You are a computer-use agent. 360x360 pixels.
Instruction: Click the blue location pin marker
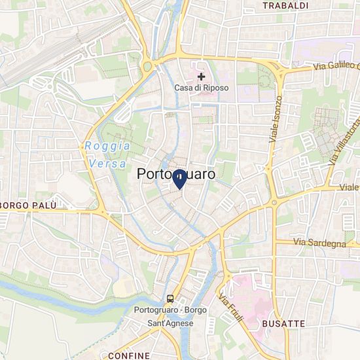[x=179, y=179]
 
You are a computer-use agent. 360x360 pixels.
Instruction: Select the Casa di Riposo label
[x=202, y=88]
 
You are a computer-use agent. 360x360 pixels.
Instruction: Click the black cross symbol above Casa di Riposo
[x=202, y=77]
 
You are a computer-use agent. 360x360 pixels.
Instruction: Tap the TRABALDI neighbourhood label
[x=285, y=5]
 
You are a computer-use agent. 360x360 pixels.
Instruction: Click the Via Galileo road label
[x=335, y=66]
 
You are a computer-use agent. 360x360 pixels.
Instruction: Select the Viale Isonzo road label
[x=276, y=119]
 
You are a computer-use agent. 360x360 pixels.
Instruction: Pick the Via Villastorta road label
[x=344, y=141]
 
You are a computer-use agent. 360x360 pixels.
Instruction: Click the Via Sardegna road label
[x=319, y=243]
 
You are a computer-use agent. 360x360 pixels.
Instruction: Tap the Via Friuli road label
[x=232, y=308]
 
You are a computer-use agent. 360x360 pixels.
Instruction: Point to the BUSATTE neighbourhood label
[x=283, y=323]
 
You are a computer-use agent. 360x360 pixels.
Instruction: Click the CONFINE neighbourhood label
[x=128, y=355]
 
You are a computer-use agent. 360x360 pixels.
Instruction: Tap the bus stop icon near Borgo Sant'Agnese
[x=170, y=298]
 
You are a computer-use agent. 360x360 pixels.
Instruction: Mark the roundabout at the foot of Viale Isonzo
[x=274, y=203]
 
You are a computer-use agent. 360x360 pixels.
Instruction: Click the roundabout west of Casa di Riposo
[x=147, y=66]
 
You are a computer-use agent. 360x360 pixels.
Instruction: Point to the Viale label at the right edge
[x=349, y=187]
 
